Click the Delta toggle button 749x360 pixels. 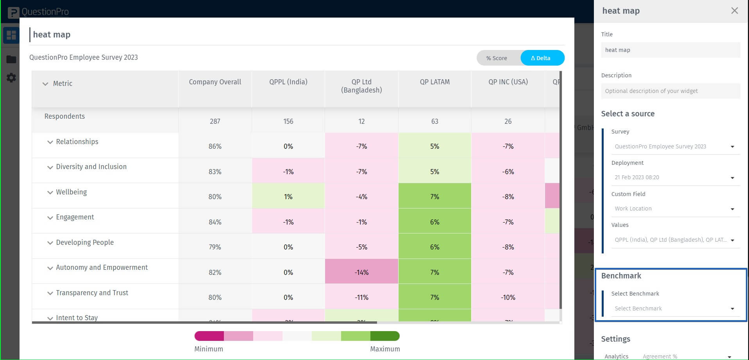pyautogui.click(x=542, y=58)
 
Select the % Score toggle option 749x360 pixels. pyautogui.click(x=497, y=58)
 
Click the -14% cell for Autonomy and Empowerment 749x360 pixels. pyautogui.click(x=361, y=272)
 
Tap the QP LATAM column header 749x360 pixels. pyautogui.click(x=434, y=82)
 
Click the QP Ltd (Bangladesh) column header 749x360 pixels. pyautogui.click(x=361, y=86)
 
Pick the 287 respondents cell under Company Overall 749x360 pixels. pyautogui.click(x=215, y=121)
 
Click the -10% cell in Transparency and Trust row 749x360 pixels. pyautogui.click(x=508, y=297)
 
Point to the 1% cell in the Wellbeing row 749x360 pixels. pyautogui.click(x=288, y=196)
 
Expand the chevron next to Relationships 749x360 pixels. pyautogui.click(x=50, y=142)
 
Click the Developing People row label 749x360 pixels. pyautogui.click(x=85, y=242)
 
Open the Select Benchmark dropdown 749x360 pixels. pyautogui.click(x=674, y=308)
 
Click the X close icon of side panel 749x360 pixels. pyautogui.click(x=735, y=11)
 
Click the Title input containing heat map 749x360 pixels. pyautogui.click(x=670, y=50)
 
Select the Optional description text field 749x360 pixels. pyautogui.click(x=670, y=91)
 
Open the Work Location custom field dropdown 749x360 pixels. pyautogui.click(x=674, y=209)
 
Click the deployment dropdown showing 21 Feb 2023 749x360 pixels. pyautogui.click(x=674, y=177)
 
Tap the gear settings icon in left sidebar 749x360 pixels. pyautogui.click(x=11, y=78)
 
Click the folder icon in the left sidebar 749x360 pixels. pyautogui.click(x=11, y=59)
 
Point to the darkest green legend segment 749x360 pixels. pyautogui.click(x=385, y=336)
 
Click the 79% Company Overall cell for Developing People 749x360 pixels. pyautogui.click(x=215, y=247)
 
